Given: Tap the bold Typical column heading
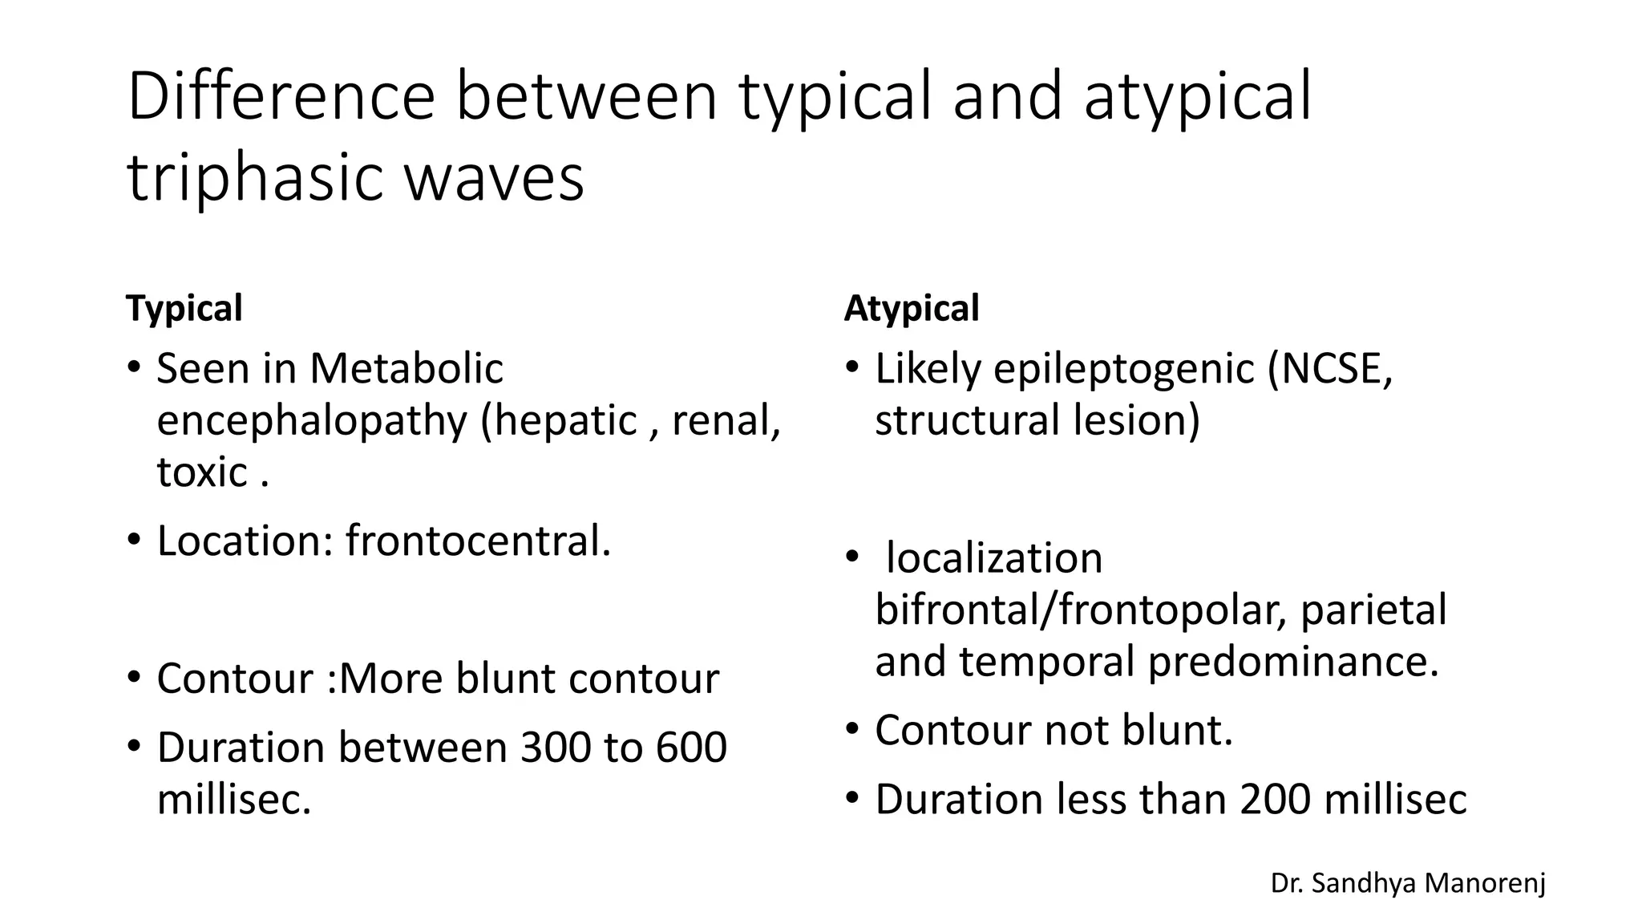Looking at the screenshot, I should (x=184, y=308).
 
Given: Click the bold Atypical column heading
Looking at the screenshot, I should (x=911, y=308).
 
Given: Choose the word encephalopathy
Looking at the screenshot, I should (x=311, y=420).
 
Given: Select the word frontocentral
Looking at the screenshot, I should (x=478, y=541).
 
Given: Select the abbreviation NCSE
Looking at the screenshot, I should (x=1331, y=369).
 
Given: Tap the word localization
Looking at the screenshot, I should (x=994, y=558).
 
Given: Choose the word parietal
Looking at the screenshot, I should (x=1373, y=610).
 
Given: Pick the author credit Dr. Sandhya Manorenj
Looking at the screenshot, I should (x=1408, y=883).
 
